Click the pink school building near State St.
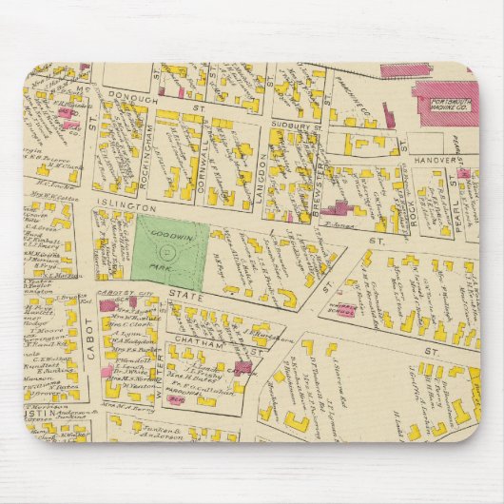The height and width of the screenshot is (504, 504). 342,310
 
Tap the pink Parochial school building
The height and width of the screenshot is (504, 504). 177,399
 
